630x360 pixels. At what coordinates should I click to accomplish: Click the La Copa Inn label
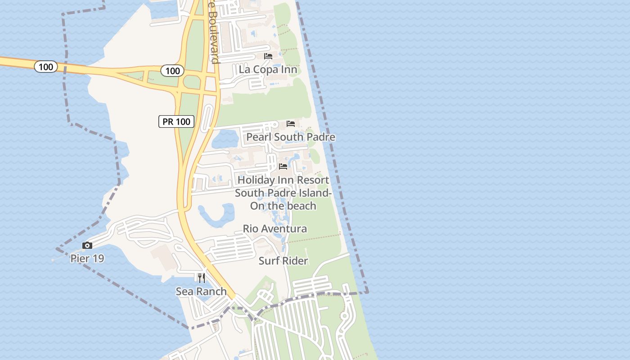[268, 69]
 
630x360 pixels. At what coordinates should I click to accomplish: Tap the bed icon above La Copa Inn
[268, 56]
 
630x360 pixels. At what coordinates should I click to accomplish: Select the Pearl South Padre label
[291, 137]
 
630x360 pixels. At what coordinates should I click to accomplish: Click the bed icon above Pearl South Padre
[291, 124]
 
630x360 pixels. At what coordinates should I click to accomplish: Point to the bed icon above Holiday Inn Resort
[283, 166]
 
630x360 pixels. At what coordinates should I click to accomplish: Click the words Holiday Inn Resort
[283, 180]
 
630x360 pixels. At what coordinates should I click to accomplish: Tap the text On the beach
[283, 206]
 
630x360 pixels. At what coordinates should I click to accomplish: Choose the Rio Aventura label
[275, 229]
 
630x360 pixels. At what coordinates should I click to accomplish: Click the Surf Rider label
[283, 261]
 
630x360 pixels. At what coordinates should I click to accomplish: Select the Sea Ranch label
[201, 292]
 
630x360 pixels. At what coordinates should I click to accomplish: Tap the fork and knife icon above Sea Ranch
[201, 278]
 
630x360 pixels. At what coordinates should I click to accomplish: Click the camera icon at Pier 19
[87, 246]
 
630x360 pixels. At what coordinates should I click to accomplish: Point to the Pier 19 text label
[87, 259]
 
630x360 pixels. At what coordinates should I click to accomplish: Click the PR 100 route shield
[176, 121]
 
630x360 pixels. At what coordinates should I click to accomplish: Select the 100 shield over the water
[46, 67]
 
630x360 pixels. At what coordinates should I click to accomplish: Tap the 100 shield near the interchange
[172, 71]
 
